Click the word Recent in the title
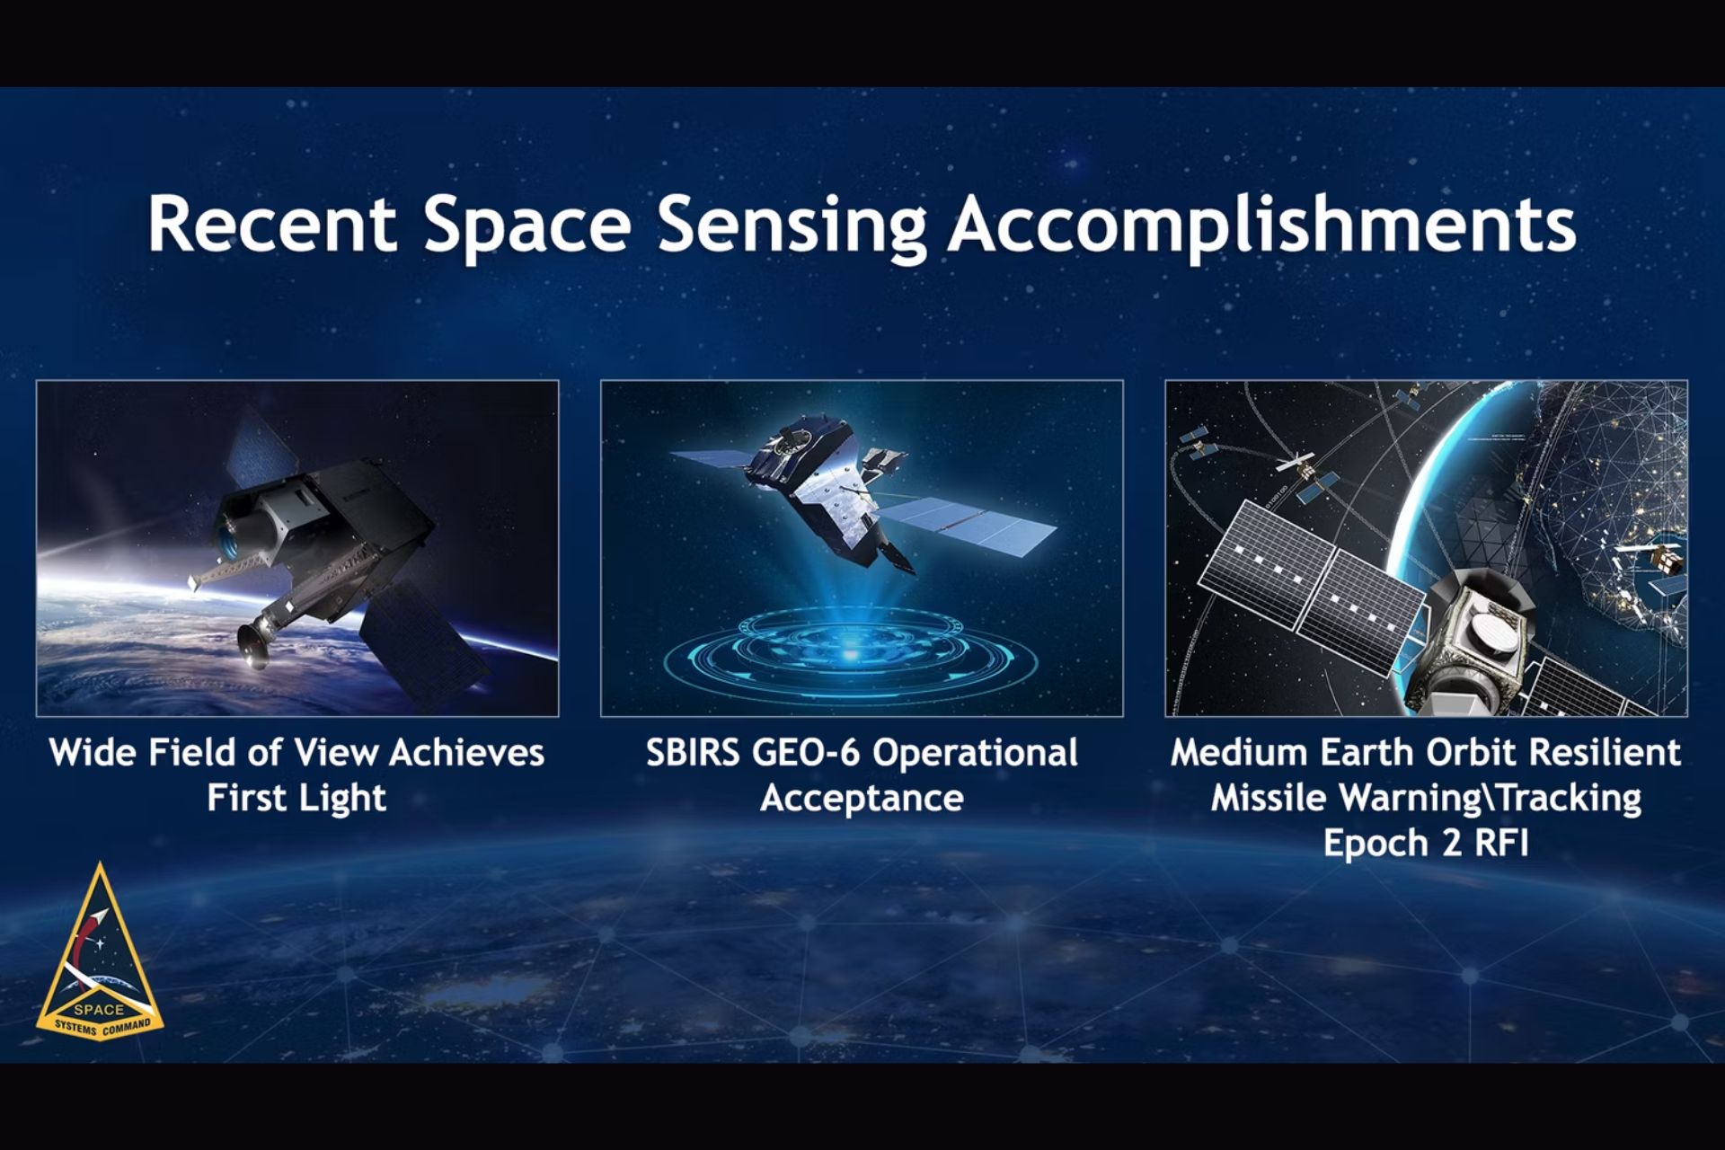coord(271,223)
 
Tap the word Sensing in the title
coord(792,225)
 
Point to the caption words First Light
coord(296,798)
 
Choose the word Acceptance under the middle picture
coord(862,798)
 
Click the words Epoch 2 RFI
coord(1426,843)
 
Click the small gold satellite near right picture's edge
coord(1667,560)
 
